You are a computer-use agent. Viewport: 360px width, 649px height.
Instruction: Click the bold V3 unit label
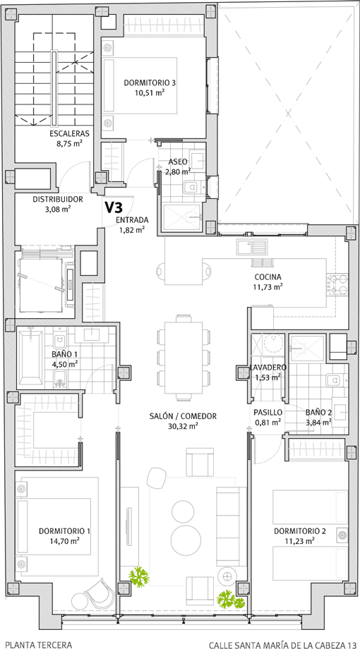pos(113,207)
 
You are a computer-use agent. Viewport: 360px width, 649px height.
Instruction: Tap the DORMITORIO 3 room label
pos(150,83)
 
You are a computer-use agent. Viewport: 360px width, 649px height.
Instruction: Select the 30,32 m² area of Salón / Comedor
pos(183,426)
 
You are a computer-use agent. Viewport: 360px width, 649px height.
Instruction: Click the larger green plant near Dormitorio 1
pos(139,576)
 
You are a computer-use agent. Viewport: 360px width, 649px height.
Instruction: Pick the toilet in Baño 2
pos(335,380)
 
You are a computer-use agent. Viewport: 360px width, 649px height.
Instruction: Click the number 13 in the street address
pos(352,645)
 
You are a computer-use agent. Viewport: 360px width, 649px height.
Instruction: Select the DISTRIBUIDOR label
pos(58,200)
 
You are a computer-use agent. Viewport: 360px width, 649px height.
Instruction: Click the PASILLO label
pos(268,412)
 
